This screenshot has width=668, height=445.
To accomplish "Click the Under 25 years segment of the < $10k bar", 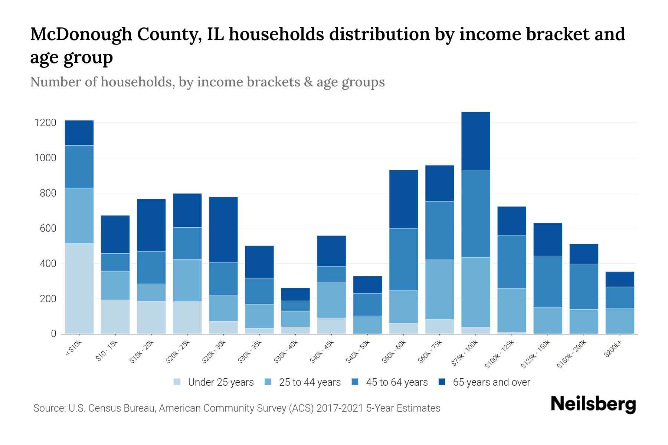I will [x=79, y=289].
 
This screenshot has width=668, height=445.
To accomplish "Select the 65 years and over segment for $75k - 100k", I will [x=475, y=141].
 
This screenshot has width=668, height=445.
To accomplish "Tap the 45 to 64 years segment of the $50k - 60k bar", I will [x=403, y=259].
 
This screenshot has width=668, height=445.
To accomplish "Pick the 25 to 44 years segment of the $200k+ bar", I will [x=619, y=321].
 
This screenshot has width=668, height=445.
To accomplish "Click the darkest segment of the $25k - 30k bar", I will [x=223, y=230].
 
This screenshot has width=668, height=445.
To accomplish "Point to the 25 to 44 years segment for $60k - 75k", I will [x=439, y=289].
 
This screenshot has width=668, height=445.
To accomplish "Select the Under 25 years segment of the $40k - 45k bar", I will [x=331, y=326].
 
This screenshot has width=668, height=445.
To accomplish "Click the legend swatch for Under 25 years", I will [x=177, y=382].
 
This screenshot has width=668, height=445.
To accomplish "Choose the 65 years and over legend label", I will [x=491, y=382].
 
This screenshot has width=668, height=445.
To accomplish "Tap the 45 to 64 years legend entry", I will [x=397, y=382].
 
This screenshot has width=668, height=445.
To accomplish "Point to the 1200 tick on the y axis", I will [x=45, y=123].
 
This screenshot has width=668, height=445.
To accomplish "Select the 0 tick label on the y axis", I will [x=53, y=334].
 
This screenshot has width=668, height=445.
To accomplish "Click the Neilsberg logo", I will [x=593, y=404].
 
